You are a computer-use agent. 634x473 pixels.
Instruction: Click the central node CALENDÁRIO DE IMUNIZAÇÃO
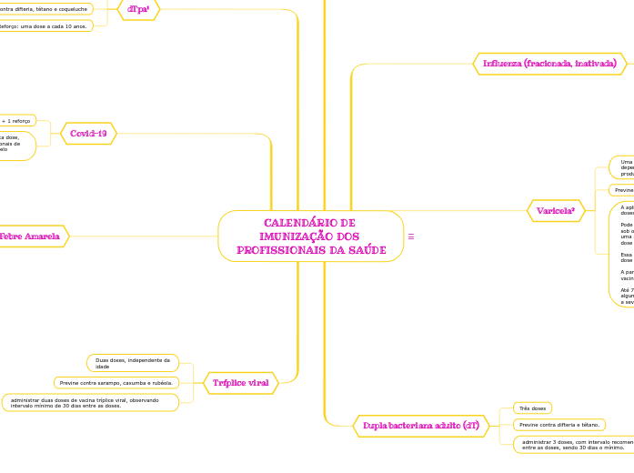pyautogui.click(x=310, y=236)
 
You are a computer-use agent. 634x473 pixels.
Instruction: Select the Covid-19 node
pyautogui.click(x=88, y=134)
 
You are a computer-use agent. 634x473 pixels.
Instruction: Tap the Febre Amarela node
pyautogui.click(x=30, y=236)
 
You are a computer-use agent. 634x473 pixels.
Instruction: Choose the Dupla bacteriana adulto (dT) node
pyautogui.click(x=420, y=425)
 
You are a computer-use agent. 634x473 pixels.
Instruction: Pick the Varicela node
pyautogui.click(x=555, y=211)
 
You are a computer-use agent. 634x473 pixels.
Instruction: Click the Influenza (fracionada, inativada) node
pyautogui.click(x=549, y=63)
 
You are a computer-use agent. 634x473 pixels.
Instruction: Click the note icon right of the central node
pyautogui.click(x=411, y=236)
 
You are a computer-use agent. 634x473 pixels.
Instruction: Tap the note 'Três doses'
pyautogui.click(x=531, y=408)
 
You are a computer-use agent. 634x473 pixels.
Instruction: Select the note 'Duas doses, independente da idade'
pyautogui.click(x=133, y=363)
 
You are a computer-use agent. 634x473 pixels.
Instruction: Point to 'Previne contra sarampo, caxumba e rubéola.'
pyautogui.click(x=116, y=383)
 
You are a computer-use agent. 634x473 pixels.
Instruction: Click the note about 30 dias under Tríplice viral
pyautogui.click(x=90, y=402)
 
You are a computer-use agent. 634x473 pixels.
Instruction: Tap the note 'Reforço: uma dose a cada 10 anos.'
pyautogui.click(x=45, y=25)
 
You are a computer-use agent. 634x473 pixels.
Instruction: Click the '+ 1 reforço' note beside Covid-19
pyautogui.click(x=16, y=120)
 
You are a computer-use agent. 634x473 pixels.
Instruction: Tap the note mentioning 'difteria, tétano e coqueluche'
pyautogui.click(x=45, y=9)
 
